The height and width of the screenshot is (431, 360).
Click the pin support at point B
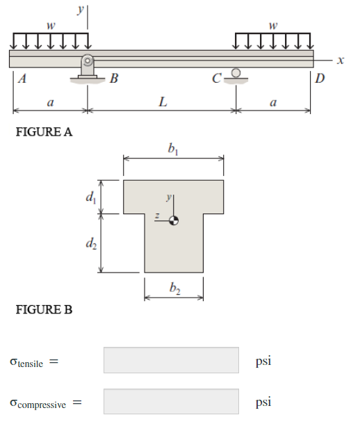[x=88, y=67]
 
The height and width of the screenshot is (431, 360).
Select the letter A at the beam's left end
[x=23, y=79]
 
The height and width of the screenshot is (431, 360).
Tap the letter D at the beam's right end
[x=319, y=78]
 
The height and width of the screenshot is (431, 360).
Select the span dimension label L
[x=162, y=103]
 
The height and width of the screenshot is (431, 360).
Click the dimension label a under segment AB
[x=49, y=103]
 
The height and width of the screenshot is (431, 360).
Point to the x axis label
[x=340, y=60]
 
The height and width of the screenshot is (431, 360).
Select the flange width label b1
[x=173, y=148]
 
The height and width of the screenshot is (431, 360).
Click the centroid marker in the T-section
[x=174, y=220]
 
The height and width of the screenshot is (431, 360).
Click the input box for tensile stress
[x=171, y=360]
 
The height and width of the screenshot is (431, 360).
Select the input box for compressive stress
[x=171, y=401]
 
